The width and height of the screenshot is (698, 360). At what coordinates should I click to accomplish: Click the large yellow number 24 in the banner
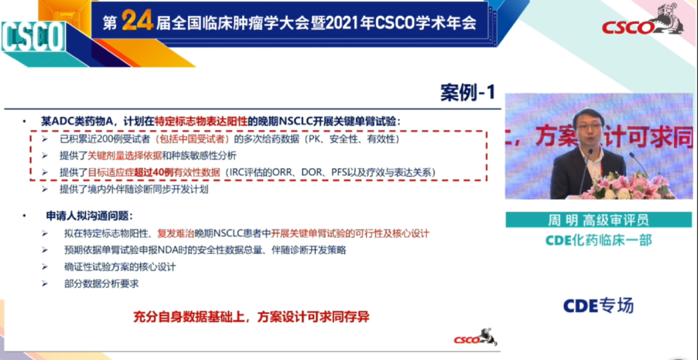[x=137, y=21]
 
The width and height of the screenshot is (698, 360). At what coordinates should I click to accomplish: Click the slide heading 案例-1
[x=468, y=93]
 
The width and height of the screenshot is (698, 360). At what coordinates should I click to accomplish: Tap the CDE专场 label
[x=598, y=306]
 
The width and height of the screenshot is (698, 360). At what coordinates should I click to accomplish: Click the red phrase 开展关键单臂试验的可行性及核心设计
[x=350, y=233]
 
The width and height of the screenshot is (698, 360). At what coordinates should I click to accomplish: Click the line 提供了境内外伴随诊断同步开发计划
[x=134, y=190]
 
